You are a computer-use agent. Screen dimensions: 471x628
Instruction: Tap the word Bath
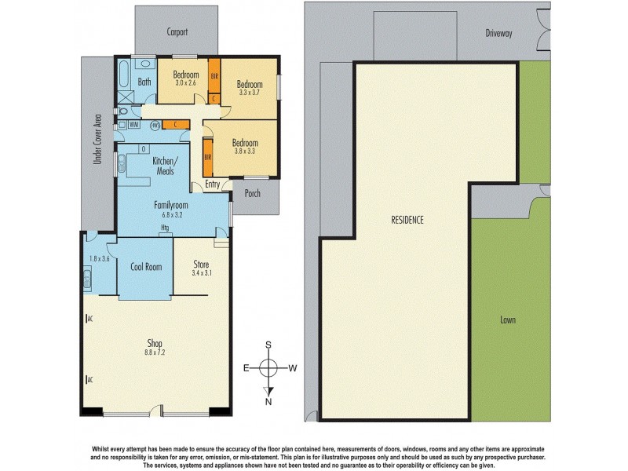point(144,82)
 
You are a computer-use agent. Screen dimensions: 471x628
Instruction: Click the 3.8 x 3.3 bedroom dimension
point(244,153)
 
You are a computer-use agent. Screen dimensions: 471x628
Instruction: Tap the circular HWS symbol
point(156,123)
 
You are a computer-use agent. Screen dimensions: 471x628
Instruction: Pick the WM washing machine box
point(135,124)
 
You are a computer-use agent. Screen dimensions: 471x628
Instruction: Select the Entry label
point(212,184)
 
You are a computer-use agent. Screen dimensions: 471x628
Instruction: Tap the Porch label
point(253,193)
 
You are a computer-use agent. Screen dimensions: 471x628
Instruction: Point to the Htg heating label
point(165,228)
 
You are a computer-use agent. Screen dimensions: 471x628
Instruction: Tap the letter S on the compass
point(269,345)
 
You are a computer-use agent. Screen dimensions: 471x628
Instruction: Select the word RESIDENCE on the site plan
point(407,220)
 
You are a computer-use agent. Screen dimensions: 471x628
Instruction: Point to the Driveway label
point(498,33)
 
